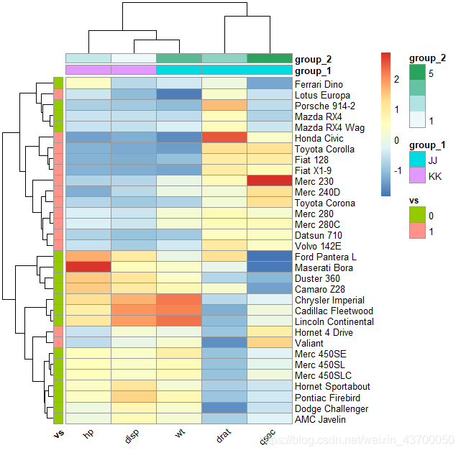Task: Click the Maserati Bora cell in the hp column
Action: coord(88,267)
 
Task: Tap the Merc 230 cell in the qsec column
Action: coord(270,181)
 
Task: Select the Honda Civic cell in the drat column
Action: coord(224,138)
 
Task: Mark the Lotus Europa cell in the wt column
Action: coord(179,95)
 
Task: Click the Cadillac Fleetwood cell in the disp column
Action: coord(134,311)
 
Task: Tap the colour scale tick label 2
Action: coord(396,78)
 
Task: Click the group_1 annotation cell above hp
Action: coord(88,70)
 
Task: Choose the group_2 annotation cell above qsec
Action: coord(270,58)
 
